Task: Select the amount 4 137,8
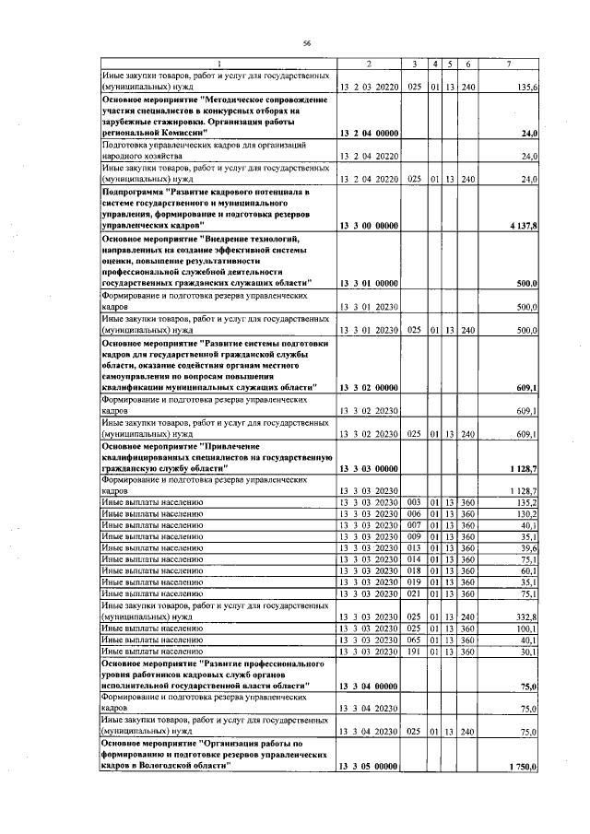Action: (523, 225)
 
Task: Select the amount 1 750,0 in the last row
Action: (523, 767)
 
